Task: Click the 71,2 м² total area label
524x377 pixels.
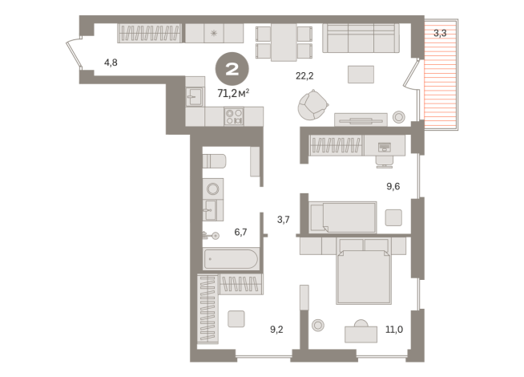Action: click(x=233, y=93)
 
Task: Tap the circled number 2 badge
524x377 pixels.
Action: click(x=232, y=69)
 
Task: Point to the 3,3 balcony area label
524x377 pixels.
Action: click(x=440, y=34)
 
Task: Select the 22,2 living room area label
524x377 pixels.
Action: click(x=304, y=76)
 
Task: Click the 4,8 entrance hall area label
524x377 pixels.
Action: click(x=111, y=63)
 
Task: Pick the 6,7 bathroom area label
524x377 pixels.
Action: click(x=240, y=232)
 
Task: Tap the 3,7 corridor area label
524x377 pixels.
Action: click(x=284, y=220)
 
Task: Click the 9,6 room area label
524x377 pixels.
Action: click(x=393, y=186)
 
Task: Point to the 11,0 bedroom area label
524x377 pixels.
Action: click(x=394, y=330)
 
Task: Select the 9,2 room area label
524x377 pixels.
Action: click(x=276, y=330)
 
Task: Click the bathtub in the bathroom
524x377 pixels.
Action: click(x=231, y=258)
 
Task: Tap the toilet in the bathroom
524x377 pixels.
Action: click(x=214, y=161)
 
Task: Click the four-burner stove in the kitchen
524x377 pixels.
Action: click(x=234, y=116)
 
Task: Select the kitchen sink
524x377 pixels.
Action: click(x=195, y=96)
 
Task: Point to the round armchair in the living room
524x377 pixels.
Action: click(x=312, y=105)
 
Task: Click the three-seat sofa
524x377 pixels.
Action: click(x=361, y=38)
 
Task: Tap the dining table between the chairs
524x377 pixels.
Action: click(x=284, y=43)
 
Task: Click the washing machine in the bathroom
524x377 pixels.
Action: click(x=213, y=189)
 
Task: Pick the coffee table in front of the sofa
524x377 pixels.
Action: click(x=361, y=75)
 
